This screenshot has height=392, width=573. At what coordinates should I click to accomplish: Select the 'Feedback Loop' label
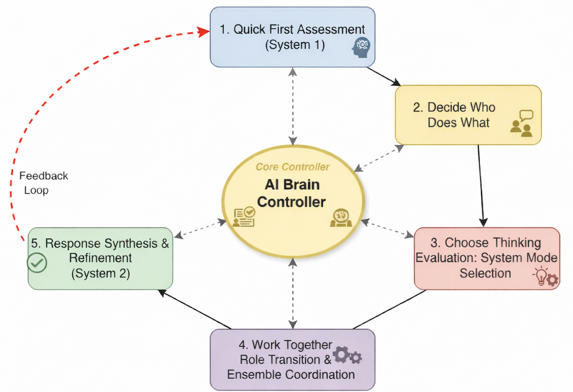(43, 183)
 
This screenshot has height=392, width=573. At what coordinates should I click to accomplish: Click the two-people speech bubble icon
(522, 124)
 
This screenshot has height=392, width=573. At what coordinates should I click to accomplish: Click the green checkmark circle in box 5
(37, 263)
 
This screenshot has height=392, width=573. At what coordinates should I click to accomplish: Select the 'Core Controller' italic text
(292, 167)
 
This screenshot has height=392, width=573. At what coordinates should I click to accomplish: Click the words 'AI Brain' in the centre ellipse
(292, 185)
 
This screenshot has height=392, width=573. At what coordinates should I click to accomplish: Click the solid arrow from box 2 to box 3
(481, 185)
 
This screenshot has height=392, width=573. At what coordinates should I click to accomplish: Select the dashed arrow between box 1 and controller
(293, 106)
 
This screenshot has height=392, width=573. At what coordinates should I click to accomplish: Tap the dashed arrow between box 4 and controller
(293, 294)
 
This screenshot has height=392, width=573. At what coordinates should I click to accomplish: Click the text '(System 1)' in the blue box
(295, 45)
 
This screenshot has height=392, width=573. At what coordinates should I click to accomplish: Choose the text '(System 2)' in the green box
(101, 273)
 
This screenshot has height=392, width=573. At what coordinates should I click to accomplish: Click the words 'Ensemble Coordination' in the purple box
(291, 375)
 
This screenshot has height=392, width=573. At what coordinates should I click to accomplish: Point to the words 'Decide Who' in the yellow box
(454, 107)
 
